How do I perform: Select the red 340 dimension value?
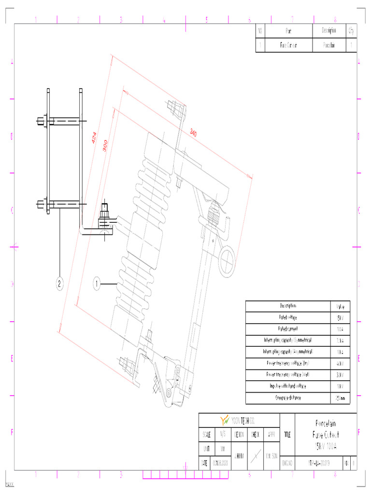(x=193, y=132)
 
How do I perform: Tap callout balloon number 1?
(x=97, y=285)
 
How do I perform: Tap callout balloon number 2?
(x=59, y=284)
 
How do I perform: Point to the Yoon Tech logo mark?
(x=225, y=420)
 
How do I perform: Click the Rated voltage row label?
(x=288, y=318)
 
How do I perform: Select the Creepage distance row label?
(x=288, y=398)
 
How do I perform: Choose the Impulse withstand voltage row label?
(x=288, y=386)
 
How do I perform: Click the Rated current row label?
(x=288, y=329)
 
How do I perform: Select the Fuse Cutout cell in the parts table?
(x=288, y=45)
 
